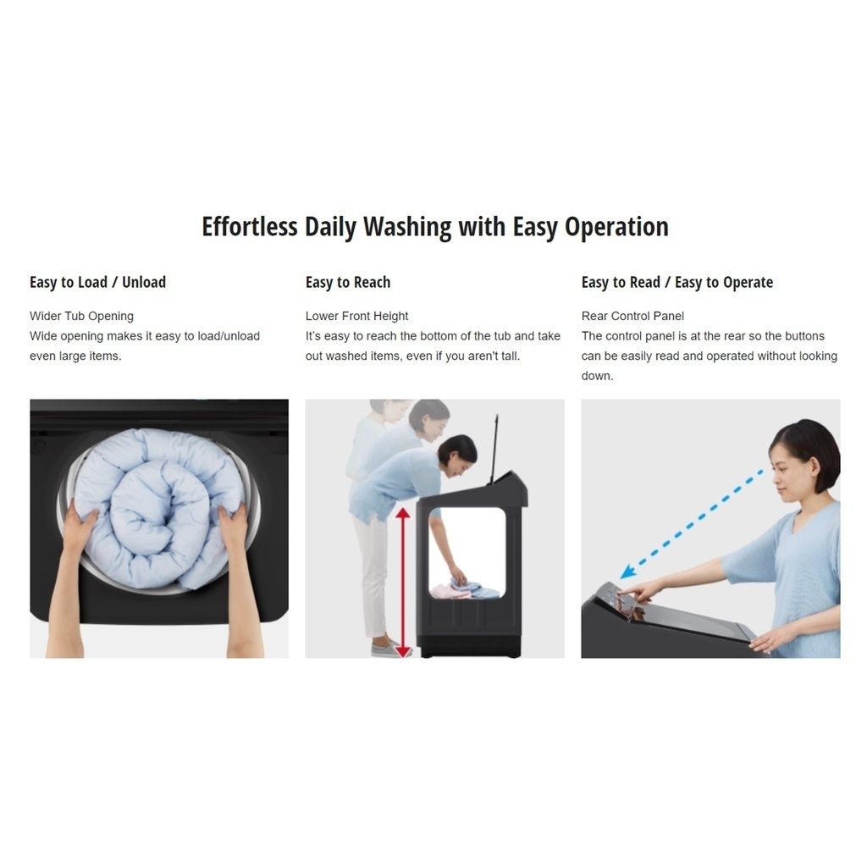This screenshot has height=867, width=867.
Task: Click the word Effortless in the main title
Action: [250, 227]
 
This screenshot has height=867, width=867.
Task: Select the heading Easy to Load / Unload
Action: [98, 282]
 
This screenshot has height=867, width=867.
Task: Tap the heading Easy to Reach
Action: [348, 282]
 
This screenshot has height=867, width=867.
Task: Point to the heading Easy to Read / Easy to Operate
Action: [676, 283]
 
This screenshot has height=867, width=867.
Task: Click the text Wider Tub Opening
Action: [82, 317]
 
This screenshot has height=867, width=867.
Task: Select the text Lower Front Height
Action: [356, 317]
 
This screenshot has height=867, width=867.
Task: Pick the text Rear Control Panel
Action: [632, 317]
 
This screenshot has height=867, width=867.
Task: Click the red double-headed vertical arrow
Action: [403, 583]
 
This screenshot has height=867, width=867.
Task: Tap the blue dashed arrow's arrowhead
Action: [627, 572]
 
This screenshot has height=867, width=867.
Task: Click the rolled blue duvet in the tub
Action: [158, 508]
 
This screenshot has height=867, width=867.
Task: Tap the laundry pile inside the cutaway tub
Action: [466, 588]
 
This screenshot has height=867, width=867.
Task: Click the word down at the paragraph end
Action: [597, 376]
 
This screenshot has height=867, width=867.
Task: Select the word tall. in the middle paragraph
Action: [511, 356]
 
